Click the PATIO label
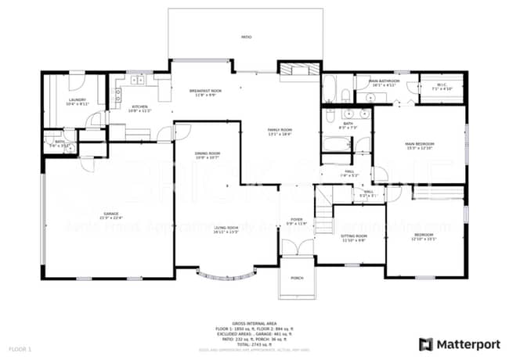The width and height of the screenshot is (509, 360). pos(246,37)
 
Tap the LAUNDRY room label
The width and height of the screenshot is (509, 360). pos(78,100)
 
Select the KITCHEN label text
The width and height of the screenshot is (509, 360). pos(140,107)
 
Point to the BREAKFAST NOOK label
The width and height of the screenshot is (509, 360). pos(205,92)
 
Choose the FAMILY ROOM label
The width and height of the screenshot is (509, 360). pos(280,130)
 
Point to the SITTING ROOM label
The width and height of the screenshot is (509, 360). pos(354,236)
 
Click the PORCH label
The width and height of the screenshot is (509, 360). pos(297,277)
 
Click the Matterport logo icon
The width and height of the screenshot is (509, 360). pos(426,344)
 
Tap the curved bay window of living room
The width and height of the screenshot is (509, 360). pos(226,275)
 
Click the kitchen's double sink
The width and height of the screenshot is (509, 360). pos(139,80)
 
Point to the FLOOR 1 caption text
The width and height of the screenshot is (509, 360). pos(20,347)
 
